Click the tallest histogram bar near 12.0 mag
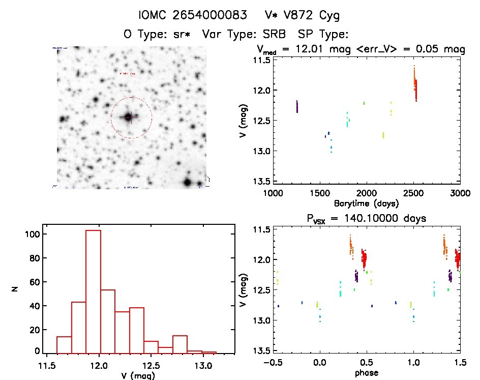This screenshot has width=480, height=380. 93,290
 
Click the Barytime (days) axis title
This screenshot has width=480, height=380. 366,203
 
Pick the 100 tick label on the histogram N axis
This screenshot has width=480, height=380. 33,235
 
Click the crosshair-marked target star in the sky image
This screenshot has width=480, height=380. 129,117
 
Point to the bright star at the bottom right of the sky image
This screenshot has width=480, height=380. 188,182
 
